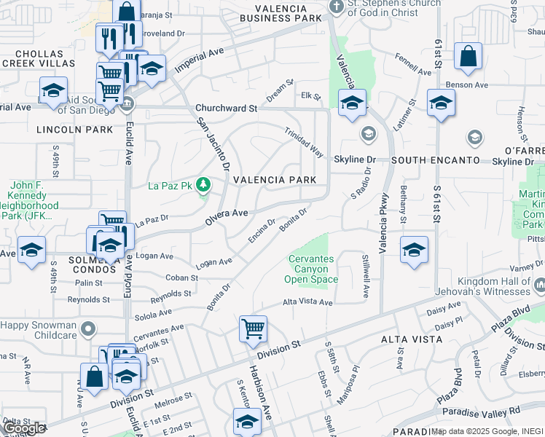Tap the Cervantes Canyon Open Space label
click(x=313, y=269)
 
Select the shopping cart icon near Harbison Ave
click(x=253, y=329)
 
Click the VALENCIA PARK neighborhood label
click(x=274, y=180)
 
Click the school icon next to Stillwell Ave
click(x=414, y=250)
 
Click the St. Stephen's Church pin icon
click(x=335, y=7)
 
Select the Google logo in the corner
click(x=24, y=428)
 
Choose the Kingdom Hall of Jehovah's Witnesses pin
click(x=539, y=284)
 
